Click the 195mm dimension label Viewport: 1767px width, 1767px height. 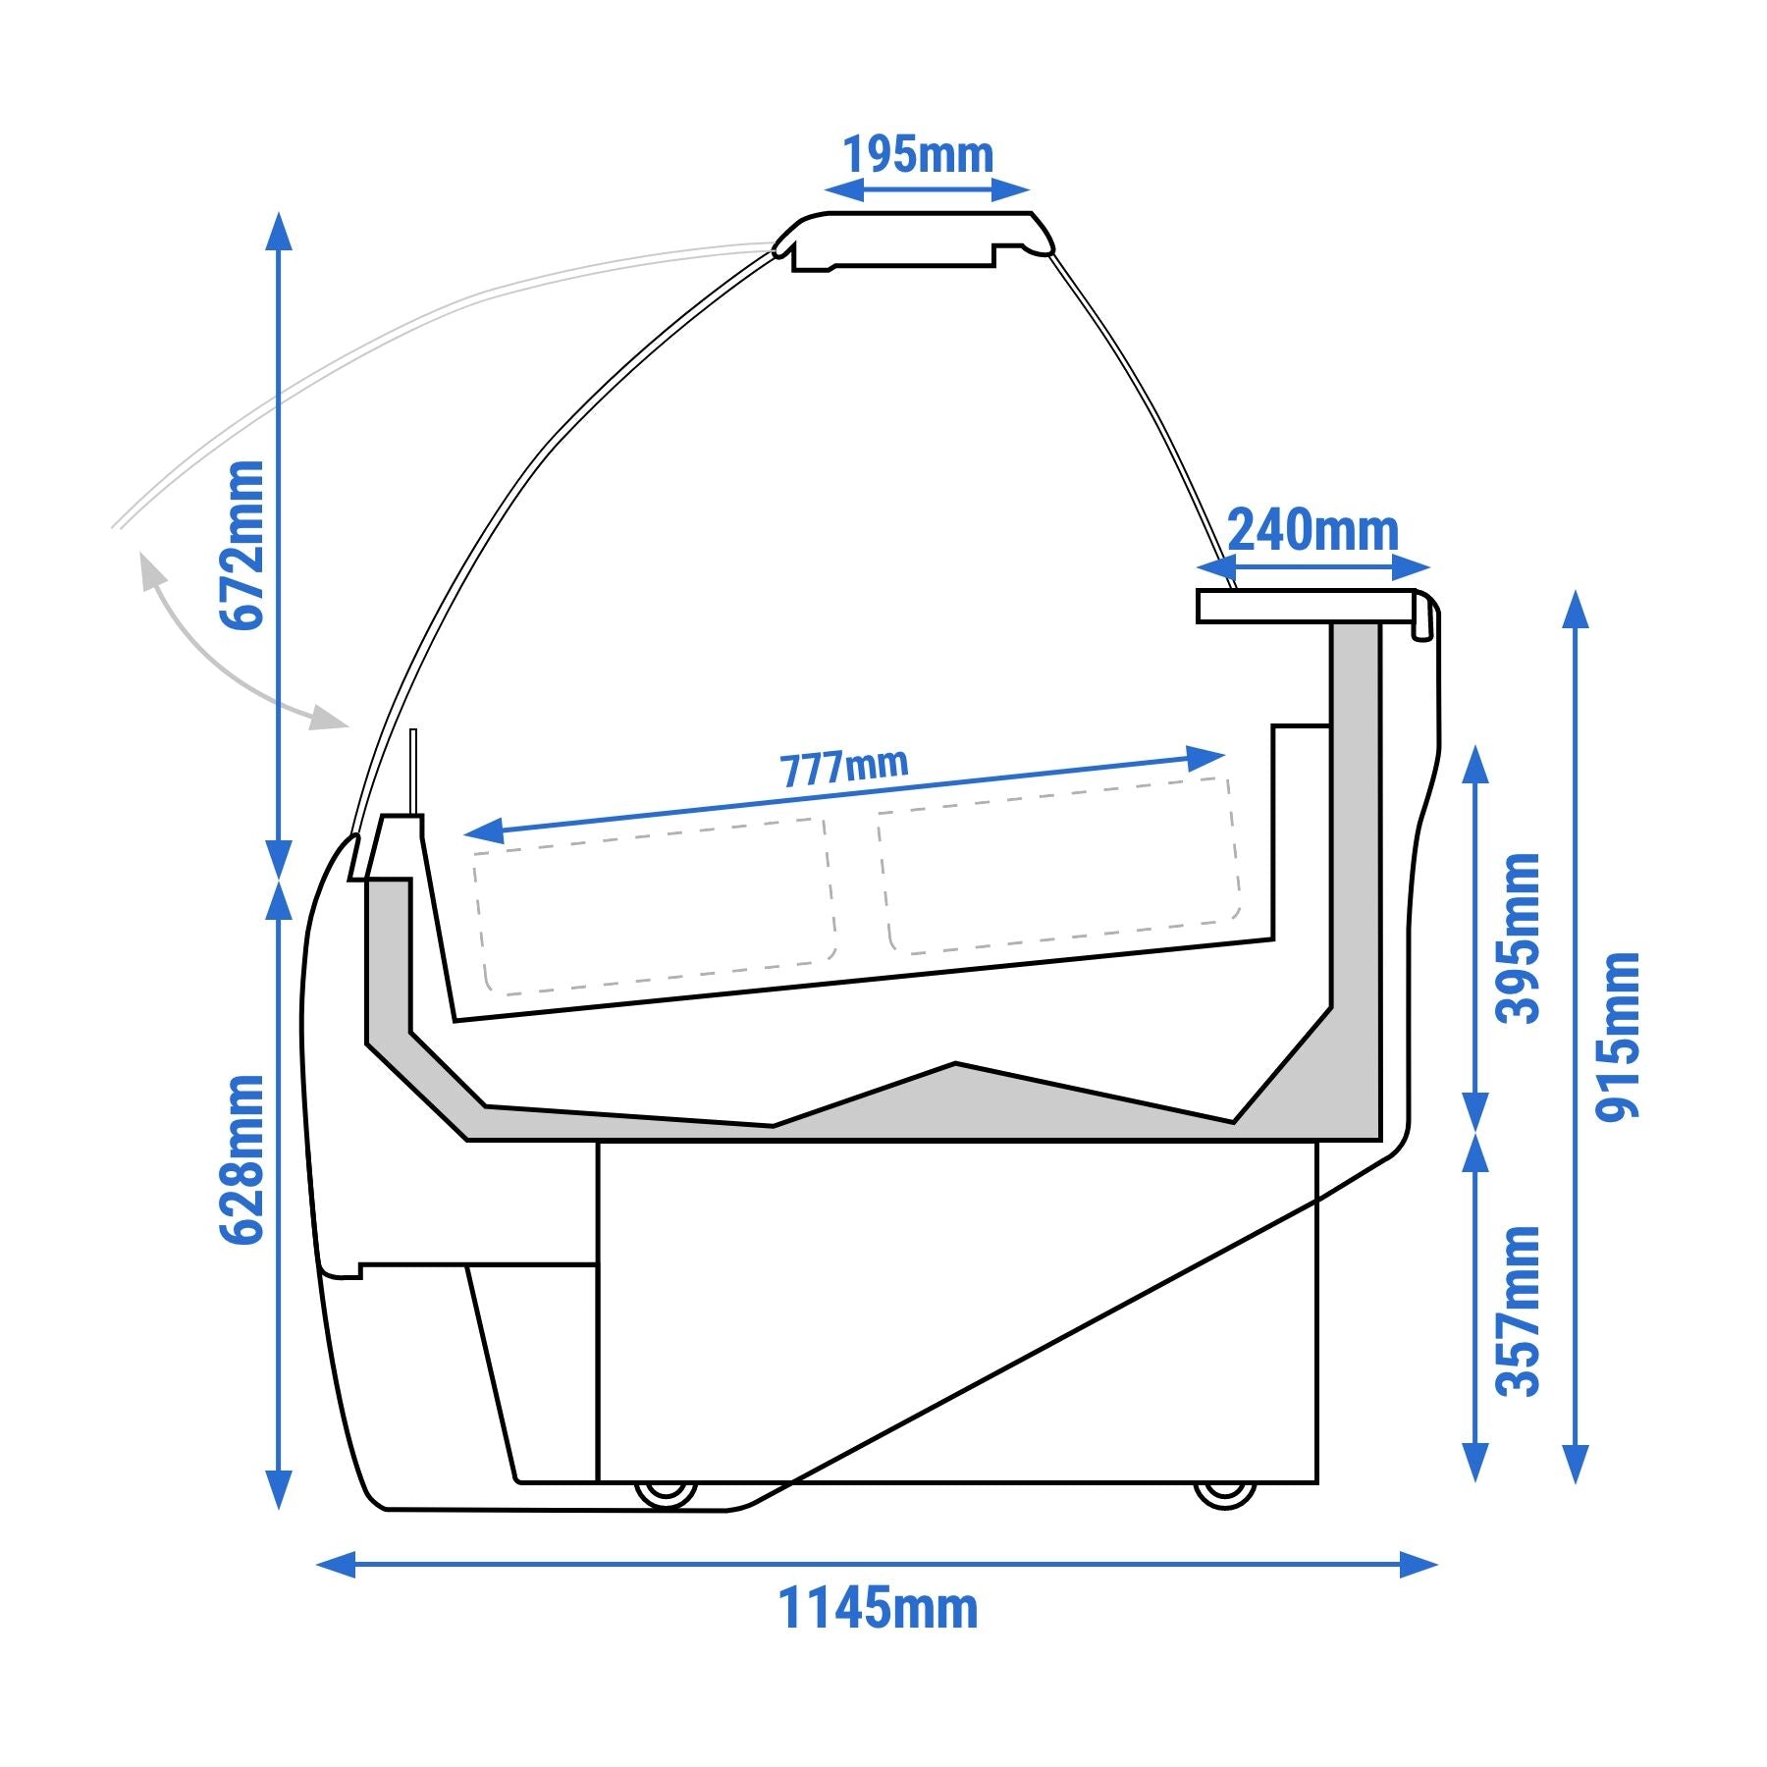pyautogui.click(x=918, y=155)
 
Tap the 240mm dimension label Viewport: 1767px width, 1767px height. pyautogui.click(x=1312, y=530)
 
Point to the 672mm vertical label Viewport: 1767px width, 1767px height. pyautogui.click(x=241, y=545)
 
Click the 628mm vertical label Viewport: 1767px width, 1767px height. pyautogui.click(x=241, y=1160)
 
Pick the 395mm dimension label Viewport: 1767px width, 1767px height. pyautogui.click(x=1518, y=938)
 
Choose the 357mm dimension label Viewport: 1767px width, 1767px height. pyautogui.click(x=1518, y=1311)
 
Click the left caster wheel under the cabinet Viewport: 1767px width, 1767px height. pyautogui.click(x=666, y=1494)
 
